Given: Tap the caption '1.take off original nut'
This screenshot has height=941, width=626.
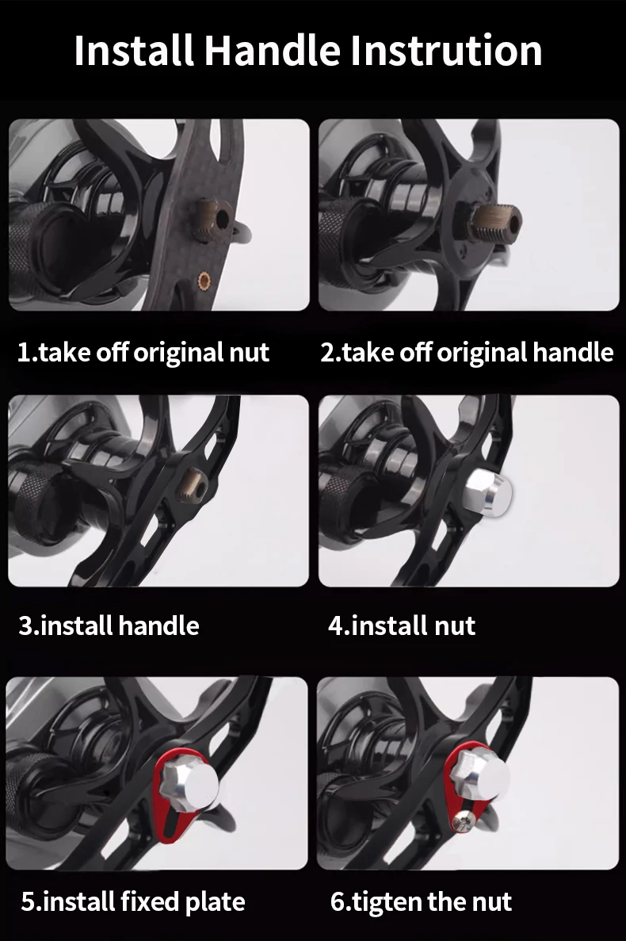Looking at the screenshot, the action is coord(143,352).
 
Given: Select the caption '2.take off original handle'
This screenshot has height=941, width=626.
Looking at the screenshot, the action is coord(467,352).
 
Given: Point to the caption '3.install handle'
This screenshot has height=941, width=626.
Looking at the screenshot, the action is coord(109,626).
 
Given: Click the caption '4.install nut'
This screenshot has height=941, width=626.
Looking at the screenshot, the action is coord(402,626).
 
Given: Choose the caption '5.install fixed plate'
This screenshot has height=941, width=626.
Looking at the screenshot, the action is coord(133,902).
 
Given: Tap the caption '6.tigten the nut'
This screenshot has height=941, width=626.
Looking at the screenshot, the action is coord(421,902).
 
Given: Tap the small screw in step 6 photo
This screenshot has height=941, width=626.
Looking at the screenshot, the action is coord(462,821).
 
